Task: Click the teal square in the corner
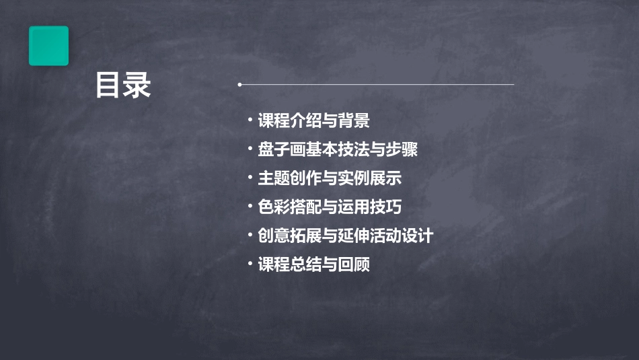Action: [48, 46]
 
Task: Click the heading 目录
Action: [123, 85]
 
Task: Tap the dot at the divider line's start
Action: [239, 85]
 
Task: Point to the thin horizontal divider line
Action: [377, 85]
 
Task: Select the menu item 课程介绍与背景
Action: [313, 121]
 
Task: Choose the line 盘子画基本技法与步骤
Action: [338, 149]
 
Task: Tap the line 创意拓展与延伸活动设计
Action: [345, 236]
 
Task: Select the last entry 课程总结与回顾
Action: [313, 264]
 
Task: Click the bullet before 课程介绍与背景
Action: [250, 121]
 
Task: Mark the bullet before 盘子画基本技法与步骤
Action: [250, 149]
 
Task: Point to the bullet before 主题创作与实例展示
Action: [250, 178]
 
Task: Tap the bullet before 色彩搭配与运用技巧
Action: [250, 207]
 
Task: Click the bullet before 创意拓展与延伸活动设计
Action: [250, 236]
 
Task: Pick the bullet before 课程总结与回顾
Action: [250, 264]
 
